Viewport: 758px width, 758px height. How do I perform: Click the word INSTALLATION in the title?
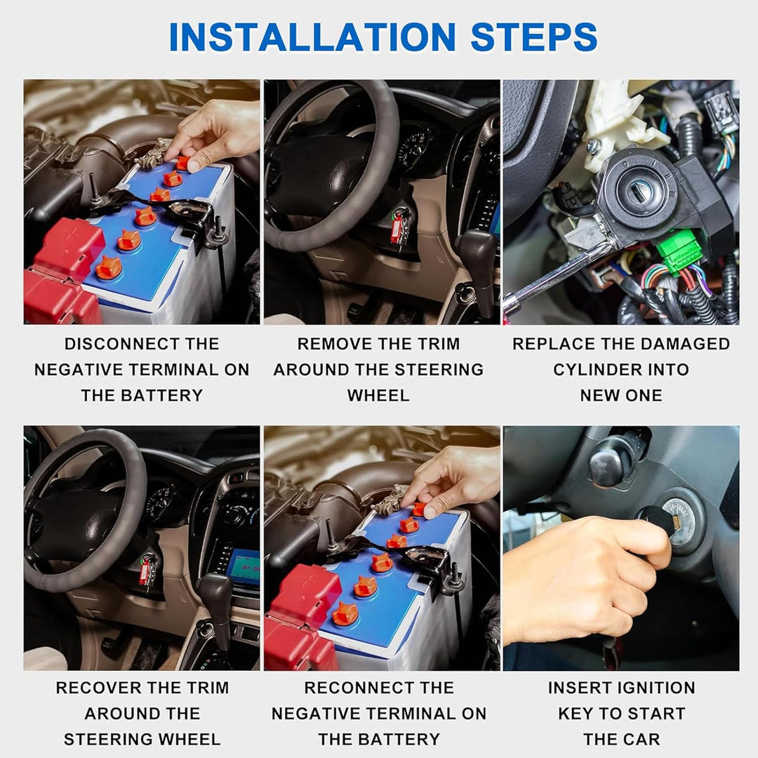tap(312, 37)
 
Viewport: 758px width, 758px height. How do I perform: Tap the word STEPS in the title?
tap(533, 37)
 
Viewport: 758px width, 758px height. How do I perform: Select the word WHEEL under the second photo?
tap(378, 395)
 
